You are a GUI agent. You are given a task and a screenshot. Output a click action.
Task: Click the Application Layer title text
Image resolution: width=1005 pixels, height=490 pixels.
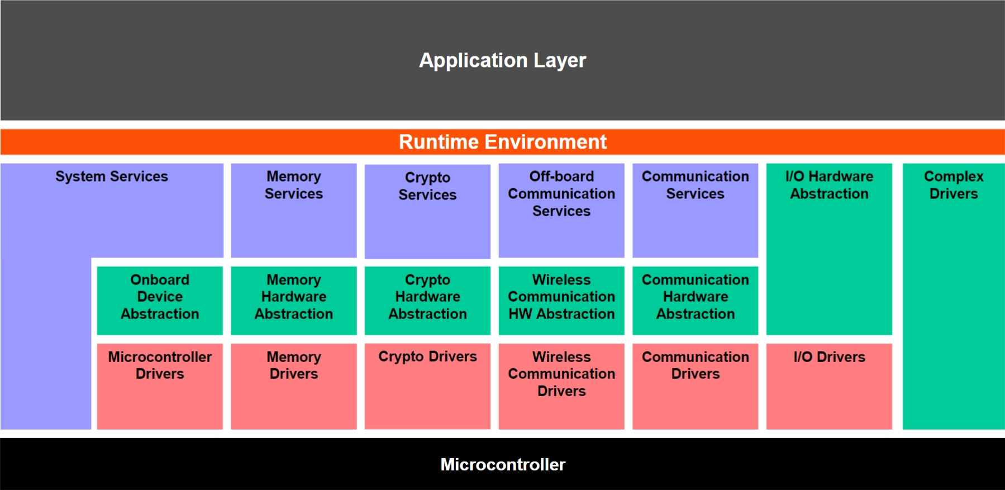click(502, 60)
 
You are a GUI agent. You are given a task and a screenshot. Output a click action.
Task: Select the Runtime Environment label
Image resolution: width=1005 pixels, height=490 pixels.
click(502, 142)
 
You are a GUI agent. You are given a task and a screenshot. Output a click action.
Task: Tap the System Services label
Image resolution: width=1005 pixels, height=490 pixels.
click(112, 177)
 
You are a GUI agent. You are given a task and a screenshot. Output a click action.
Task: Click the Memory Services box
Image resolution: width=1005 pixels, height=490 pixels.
click(294, 211)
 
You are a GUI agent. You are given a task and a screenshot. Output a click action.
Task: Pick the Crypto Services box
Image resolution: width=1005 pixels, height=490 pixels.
click(427, 211)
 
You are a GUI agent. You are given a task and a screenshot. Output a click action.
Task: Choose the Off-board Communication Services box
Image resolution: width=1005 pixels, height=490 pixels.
click(561, 211)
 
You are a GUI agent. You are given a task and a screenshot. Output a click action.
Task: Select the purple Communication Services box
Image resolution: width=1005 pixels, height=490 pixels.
click(696, 211)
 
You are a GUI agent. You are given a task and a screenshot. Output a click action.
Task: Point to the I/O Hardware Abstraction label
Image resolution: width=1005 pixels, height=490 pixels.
click(829, 185)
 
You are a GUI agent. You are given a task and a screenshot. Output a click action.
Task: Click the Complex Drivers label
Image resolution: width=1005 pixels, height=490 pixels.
click(954, 185)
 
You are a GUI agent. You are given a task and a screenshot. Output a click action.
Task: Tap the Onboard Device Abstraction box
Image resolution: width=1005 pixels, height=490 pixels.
click(160, 301)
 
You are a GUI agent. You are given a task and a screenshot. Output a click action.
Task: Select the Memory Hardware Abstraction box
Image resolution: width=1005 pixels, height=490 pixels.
click(294, 301)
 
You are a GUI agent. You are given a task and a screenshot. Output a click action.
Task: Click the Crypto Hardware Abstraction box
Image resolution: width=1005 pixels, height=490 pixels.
click(427, 301)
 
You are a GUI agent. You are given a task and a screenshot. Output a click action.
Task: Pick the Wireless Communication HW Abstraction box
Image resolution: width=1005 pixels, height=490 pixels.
click(561, 301)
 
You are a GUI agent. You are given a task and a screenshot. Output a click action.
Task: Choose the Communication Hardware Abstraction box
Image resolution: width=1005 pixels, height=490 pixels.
click(696, 301)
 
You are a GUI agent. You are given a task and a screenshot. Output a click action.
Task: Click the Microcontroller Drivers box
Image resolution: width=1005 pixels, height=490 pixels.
click(160, 386)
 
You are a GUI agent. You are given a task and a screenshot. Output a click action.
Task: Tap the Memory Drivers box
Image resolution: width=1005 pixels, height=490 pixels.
click(294, 386)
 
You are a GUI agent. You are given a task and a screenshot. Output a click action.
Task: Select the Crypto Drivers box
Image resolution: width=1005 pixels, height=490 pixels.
click(427, 386)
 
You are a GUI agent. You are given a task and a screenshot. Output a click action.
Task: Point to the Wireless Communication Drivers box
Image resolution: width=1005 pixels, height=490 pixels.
click(561, 386)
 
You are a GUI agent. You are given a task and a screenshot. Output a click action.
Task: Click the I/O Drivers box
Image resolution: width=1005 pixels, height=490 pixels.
click(829, 386)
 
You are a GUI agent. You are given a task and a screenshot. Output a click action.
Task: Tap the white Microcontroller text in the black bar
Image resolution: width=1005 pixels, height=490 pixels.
click(503, 464)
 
